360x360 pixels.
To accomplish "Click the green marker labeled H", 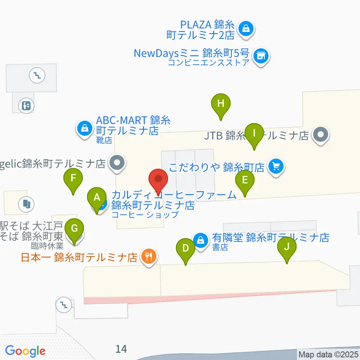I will pos(221,103).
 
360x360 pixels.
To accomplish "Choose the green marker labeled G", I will pos(75,228).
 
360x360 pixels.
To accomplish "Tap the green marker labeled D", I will pos(186,249).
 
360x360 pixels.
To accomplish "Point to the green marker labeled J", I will pos(287,247).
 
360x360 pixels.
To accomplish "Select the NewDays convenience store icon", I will pos(261,57).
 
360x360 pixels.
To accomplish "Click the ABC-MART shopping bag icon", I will pos(85,129).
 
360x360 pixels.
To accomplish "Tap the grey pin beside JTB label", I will pos(321,134).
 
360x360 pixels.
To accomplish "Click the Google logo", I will pos(25,351).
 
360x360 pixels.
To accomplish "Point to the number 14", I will pos(121,349).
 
